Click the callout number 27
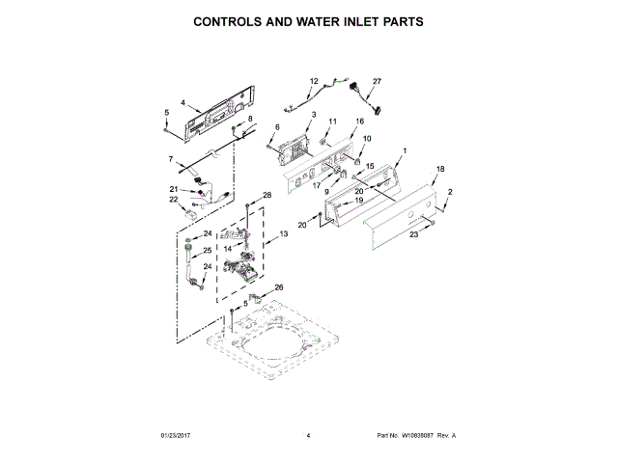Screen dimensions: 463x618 coord(378,82)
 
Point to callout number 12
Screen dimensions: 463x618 coord(314,81)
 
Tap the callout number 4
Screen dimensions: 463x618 coord(183,102)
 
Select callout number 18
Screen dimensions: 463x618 coord(440,170)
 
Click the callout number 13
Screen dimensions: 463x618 coord(284,234)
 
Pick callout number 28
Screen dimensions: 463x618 coord(267,196)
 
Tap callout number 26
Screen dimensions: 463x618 coord(279,287)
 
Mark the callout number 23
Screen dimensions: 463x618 coord(412,234)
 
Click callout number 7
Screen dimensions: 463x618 coord(170,159)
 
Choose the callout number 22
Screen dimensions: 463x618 coord(174,200)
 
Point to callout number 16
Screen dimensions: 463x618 coord(360,122)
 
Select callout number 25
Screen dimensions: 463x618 coord(207,251)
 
